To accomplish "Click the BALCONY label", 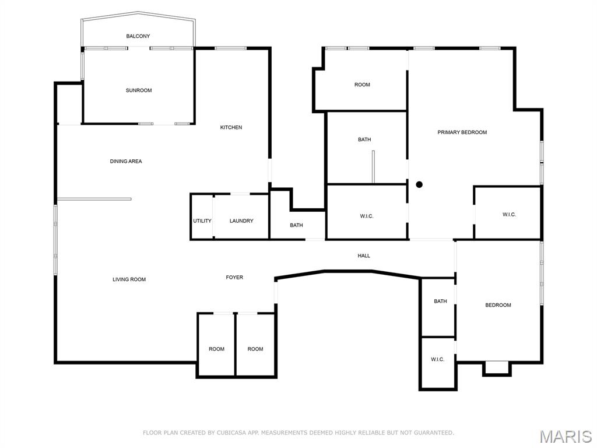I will [138, 36].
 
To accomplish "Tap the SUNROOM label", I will [139, 90].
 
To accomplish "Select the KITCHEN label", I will [231, 127].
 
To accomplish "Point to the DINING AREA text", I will [126, 161].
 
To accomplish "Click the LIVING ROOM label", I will [129, 279].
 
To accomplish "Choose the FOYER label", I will [234, 277].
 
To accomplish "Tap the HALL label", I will [364, 256].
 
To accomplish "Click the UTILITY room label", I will [202, 220].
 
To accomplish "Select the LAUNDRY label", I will [241, 220].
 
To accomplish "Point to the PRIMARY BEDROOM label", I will [462, 132].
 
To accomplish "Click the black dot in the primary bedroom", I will [419, 184].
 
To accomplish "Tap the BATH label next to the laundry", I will [296, 225].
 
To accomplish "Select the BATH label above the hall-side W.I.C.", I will [364, 139].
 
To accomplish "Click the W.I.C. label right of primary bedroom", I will [509, 215].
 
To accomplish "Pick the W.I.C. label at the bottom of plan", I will [438, 359].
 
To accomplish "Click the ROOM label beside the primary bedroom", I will [362, 85].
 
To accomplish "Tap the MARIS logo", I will [565, 436].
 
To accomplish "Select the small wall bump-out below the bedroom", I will [497, 367].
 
